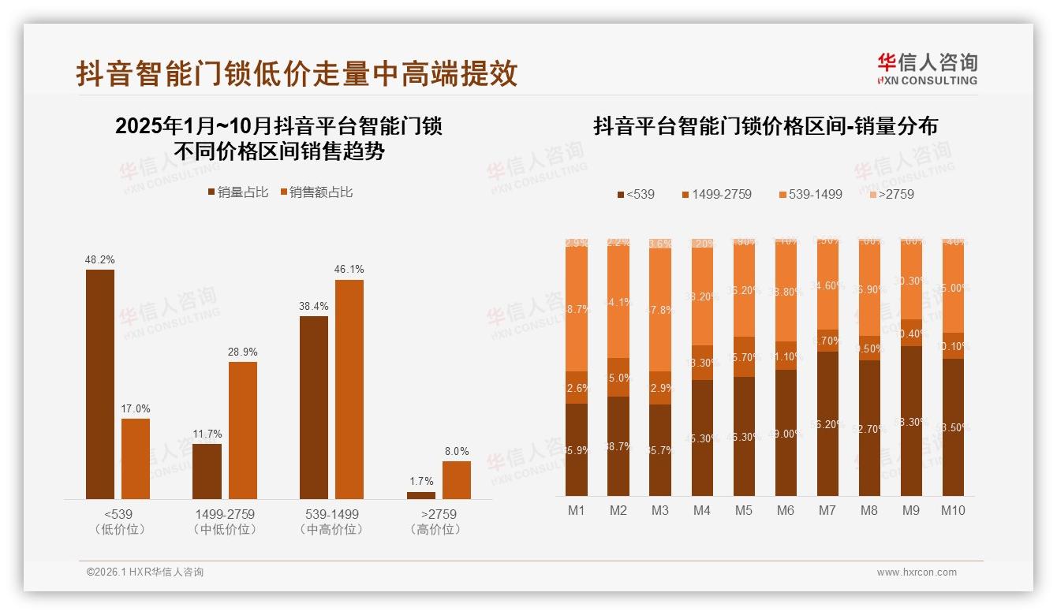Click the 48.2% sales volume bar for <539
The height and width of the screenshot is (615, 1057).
100,384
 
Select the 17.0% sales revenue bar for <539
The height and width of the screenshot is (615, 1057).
136,458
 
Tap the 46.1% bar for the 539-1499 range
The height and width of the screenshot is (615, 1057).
349,389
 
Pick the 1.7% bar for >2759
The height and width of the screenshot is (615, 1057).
421,495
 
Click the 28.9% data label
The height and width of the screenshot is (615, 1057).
243,352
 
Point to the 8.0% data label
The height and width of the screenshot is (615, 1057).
456,451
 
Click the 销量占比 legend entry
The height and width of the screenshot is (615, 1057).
237,192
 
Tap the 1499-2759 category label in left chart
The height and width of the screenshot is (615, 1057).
225,514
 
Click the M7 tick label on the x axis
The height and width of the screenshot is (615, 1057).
827,510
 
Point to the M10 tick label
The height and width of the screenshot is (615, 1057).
953,510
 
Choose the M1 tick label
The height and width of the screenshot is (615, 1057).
577,510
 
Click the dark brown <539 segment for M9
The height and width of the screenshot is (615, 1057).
911,421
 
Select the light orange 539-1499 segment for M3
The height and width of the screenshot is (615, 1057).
660,310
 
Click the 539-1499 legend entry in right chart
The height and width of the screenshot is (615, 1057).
810,194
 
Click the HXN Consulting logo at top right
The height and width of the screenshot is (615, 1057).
928,69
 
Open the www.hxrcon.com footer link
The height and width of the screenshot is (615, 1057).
917,572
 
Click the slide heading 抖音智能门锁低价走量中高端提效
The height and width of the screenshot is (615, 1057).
297,73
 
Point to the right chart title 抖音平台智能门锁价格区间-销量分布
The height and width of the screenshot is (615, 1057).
765,126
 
